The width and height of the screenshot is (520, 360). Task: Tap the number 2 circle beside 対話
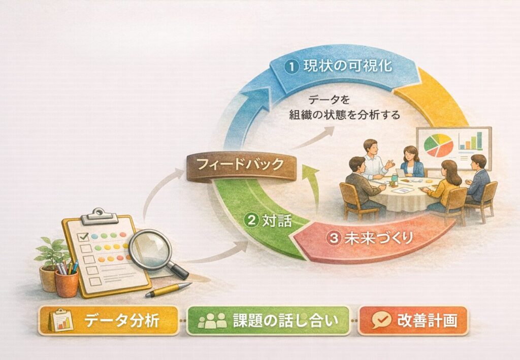pos(251,220)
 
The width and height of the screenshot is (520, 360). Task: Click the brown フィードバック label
pos(241,167)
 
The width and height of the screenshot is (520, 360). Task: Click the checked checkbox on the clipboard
pos(83,237)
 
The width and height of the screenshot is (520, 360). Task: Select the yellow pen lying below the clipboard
pos(169,289)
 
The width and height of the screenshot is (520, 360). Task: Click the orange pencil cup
pos(67,283)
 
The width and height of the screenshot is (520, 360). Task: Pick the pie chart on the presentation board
pos(439,145)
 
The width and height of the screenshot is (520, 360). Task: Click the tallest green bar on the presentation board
pos(479,140)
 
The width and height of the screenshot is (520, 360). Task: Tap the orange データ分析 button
pos(109,320)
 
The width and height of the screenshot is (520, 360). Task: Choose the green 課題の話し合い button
pos(268,320)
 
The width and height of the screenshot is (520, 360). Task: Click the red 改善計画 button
pos(413,320)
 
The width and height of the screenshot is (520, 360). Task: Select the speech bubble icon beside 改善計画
pos(381,320)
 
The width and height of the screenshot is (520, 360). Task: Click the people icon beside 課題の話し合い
pos(212,320)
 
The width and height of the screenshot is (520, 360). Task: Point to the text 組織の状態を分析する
pos(345,115)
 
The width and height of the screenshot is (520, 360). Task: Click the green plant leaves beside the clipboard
pos(51,252)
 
